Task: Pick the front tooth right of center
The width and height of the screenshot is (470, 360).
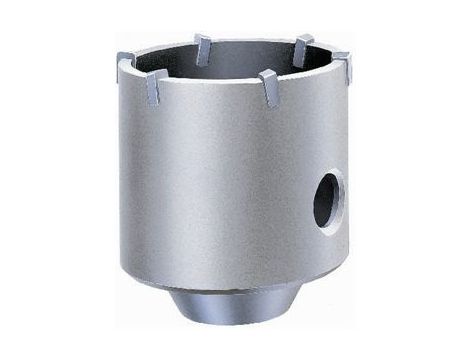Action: point(269,85)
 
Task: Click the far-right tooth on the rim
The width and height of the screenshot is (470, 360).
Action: point(342,65)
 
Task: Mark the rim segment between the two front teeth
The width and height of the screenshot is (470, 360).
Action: point(213,89)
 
